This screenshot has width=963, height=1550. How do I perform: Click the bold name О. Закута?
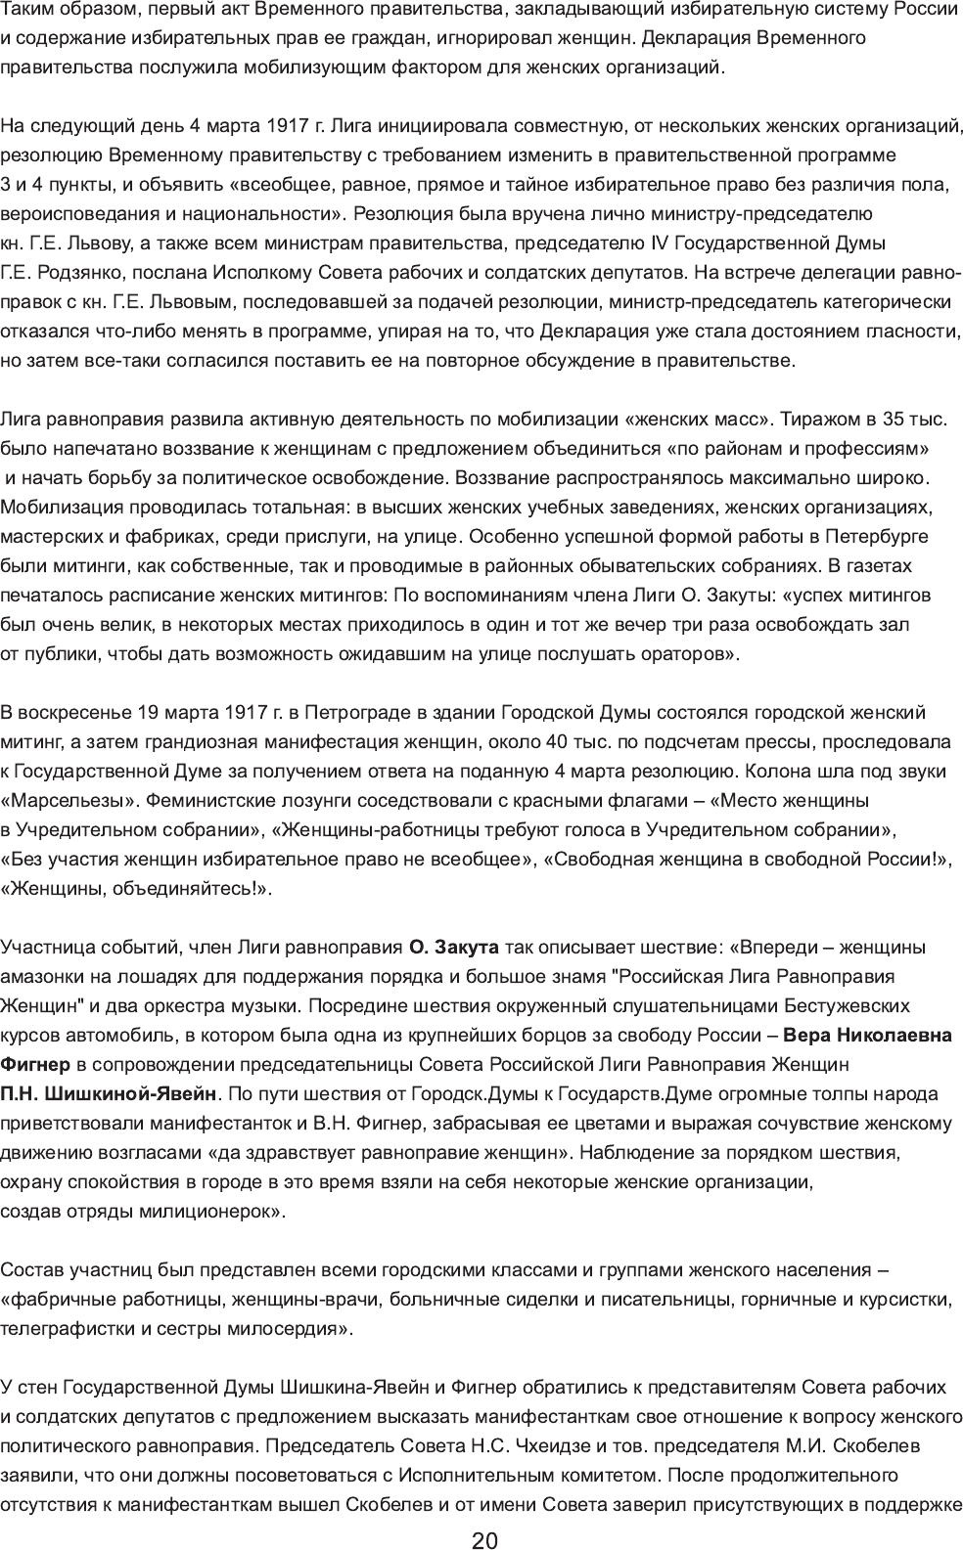[454, 947]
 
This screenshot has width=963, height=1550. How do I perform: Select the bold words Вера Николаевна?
[868, 1035]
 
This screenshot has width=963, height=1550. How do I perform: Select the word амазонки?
[39, 976]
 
